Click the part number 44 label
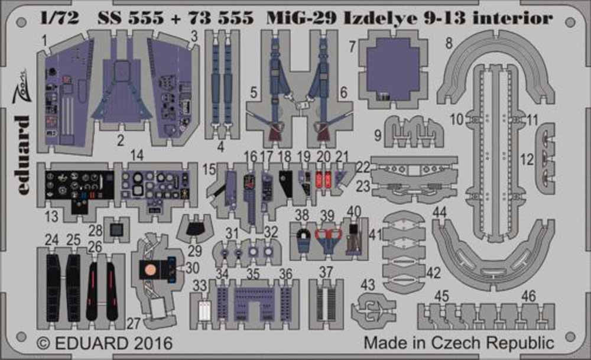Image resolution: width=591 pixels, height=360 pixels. (439, 212)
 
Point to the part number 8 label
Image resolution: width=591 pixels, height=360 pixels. (449, 43)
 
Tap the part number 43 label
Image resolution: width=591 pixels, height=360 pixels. (368, 284)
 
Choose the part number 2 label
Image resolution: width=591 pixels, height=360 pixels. (120, 141)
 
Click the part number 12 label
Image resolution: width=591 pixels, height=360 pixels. (527, 159)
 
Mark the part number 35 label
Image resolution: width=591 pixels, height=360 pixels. (253, 274)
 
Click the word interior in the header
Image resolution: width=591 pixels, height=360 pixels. (520, 18)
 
